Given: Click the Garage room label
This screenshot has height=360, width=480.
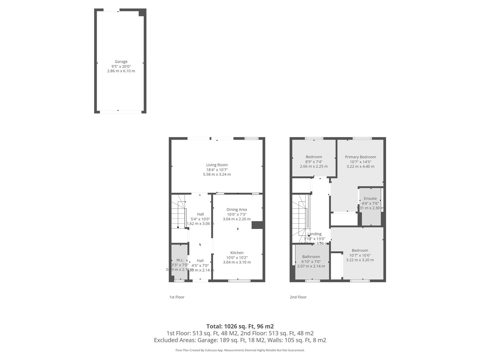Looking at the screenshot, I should pos(121,62).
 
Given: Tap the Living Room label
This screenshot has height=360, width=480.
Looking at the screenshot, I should pos(217,165).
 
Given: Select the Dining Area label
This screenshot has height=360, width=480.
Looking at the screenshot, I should pos(237,210).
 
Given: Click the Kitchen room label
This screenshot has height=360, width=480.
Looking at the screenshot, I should pos(237,253).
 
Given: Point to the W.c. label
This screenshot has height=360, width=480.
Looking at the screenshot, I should pos(180,260).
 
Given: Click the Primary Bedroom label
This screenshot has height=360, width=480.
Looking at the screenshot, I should pos(360,157).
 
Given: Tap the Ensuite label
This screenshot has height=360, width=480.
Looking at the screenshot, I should pos(370,199).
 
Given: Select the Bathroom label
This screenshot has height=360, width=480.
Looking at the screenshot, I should pos(311,257).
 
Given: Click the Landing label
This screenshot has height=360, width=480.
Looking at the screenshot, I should pos(315,234).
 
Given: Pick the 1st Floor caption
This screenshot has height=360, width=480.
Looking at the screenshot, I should pos(177,297).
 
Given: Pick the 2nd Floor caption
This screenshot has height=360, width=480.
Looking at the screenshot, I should pos(298,297).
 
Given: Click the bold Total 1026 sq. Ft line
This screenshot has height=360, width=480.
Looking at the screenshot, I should pos(240,326).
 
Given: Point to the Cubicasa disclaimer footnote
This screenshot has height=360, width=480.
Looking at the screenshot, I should pos(240,350).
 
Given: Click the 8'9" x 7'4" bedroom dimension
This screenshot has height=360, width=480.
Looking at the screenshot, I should pos(314,162).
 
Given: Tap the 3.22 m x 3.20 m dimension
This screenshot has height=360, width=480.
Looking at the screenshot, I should pos(360,260).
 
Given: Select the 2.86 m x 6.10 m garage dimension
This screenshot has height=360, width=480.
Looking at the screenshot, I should pos(121,71).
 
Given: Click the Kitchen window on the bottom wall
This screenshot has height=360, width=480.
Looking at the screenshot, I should pos(239,281).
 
